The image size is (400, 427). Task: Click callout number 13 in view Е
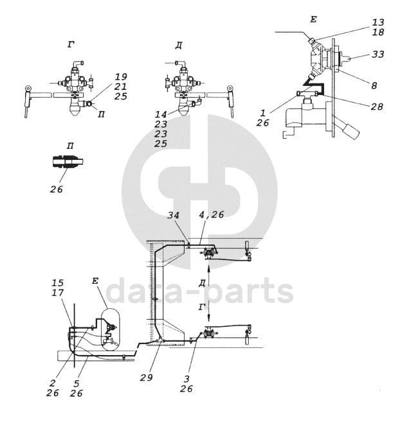click(378, 22)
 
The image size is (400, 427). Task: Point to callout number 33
click(377, 54)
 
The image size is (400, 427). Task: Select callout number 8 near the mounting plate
click(374, 85)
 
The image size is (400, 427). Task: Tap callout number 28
click(377, 107)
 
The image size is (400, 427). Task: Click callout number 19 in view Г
click(121, 77)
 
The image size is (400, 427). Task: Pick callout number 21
click(120, 87)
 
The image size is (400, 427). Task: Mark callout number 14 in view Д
click(161, 114)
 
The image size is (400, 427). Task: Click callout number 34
click(173, 215)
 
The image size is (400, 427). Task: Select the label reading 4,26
click(212, 215)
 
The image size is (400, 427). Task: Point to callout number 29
click(147, 378)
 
